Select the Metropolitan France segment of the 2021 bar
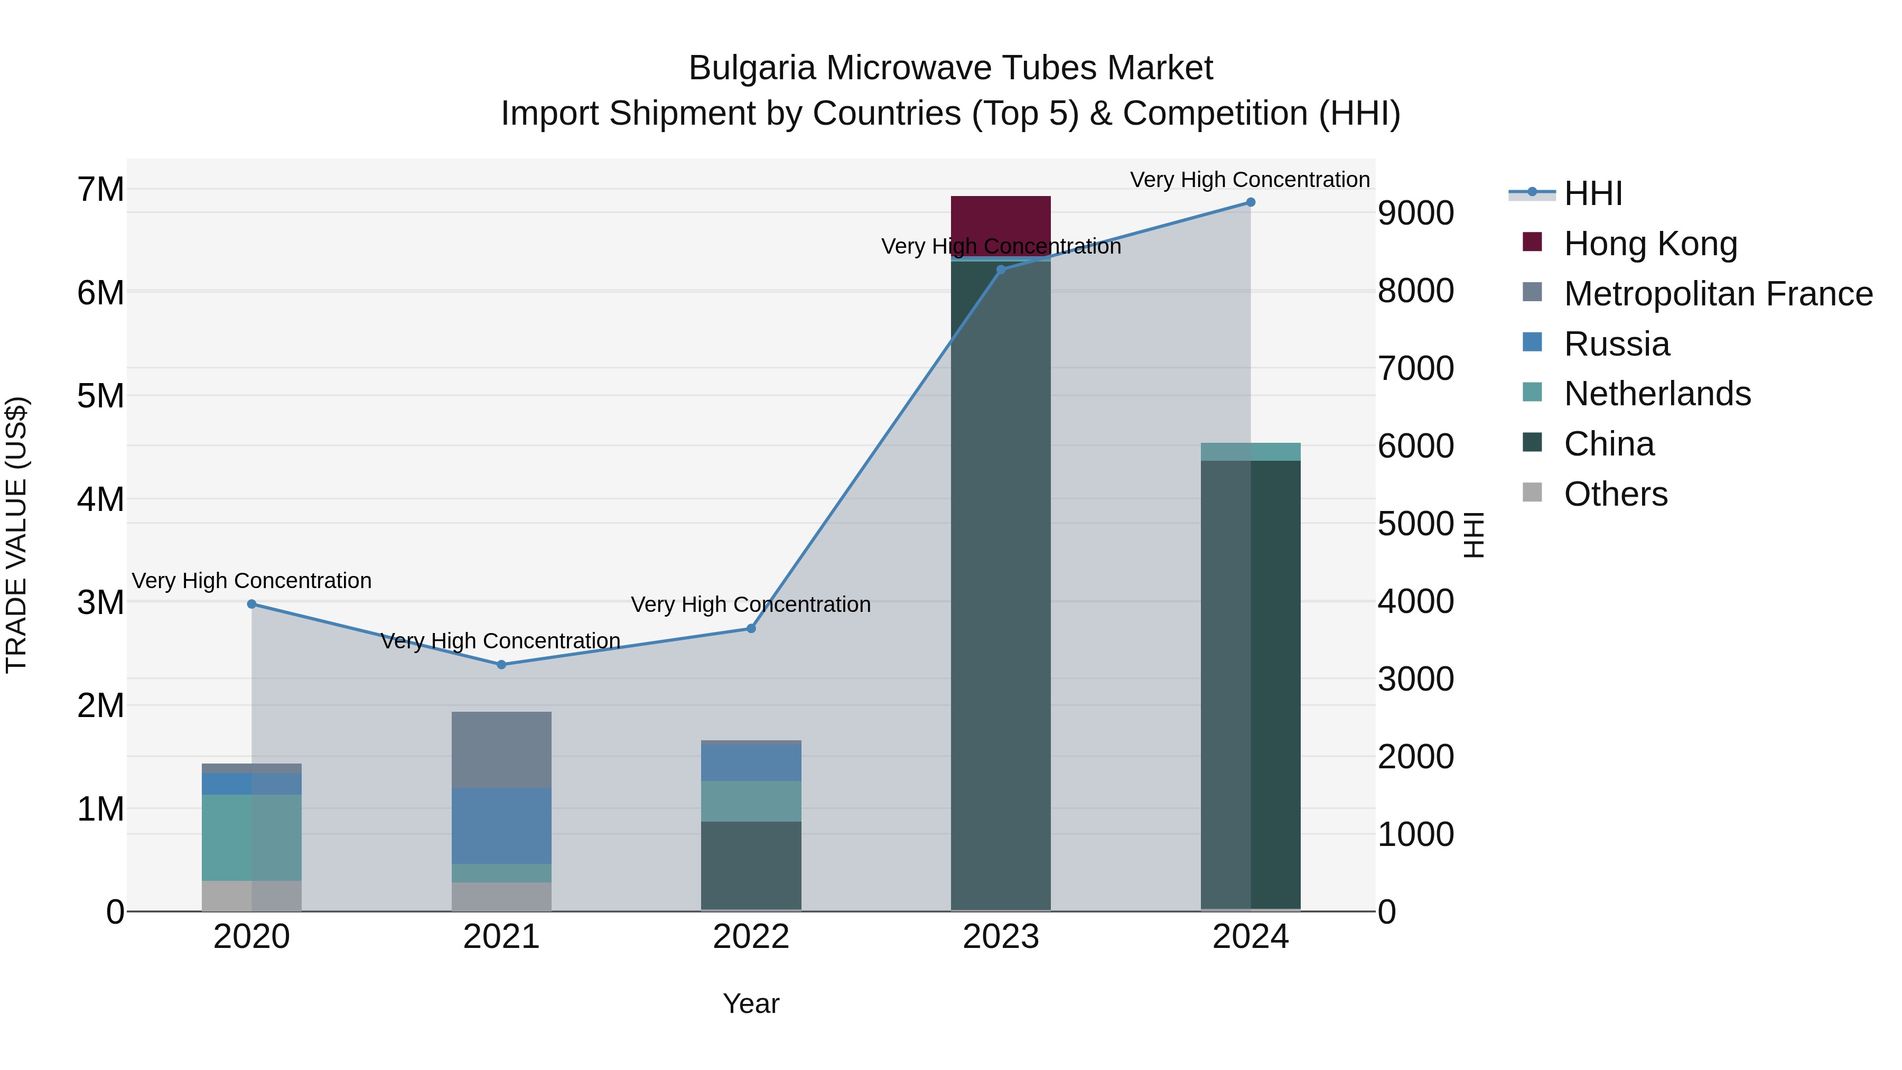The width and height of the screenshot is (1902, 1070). (501, 749)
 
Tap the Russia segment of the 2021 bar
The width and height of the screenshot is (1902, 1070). (501, 825)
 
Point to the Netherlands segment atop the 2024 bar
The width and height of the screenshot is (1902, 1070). (1250, 451)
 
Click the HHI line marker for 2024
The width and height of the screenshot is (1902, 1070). (1250, 202)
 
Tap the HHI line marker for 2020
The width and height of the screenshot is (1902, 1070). (252, 603)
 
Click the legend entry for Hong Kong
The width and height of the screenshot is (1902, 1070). (1650, 244)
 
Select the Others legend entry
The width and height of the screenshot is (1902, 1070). (1616, 494)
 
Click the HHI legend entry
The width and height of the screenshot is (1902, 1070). (1592, 193)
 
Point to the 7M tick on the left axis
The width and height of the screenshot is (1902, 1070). (100, 190)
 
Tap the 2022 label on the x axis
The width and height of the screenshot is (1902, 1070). (751, 937)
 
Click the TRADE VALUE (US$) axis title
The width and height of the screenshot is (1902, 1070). (16, 535)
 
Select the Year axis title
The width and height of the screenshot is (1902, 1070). (751, 1003)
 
